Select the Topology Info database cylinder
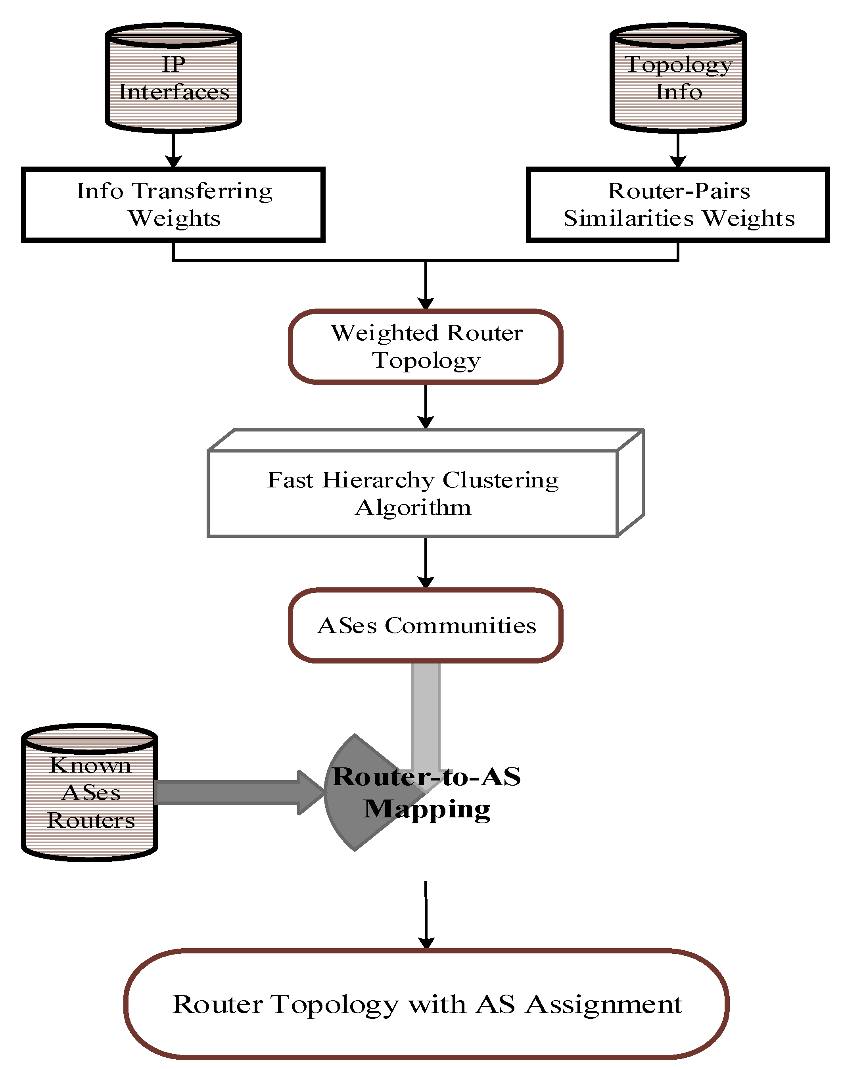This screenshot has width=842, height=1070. click(x=678, y=78)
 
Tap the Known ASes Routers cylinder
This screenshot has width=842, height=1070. click(x=90, y=793)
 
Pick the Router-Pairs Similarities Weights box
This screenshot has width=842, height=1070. click(x=678, y=205)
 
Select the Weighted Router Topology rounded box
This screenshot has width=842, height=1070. click(x=426, y=347)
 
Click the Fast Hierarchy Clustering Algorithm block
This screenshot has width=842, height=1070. click(x=413, y=493)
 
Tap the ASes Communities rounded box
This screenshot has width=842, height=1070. click(x=426, y=625)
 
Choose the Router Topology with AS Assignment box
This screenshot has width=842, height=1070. click(x=426, y=1004)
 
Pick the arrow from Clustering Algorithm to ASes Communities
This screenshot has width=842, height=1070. click(x=426, y=562)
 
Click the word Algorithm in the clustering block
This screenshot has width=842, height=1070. click(x=413, y=508)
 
